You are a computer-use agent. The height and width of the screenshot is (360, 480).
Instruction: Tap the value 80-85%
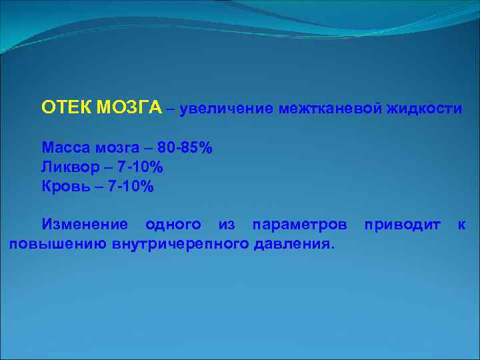(185, 147)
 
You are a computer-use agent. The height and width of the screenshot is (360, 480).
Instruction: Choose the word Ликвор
(68, 167)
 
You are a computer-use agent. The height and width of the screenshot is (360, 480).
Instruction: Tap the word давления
(291, 244)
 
